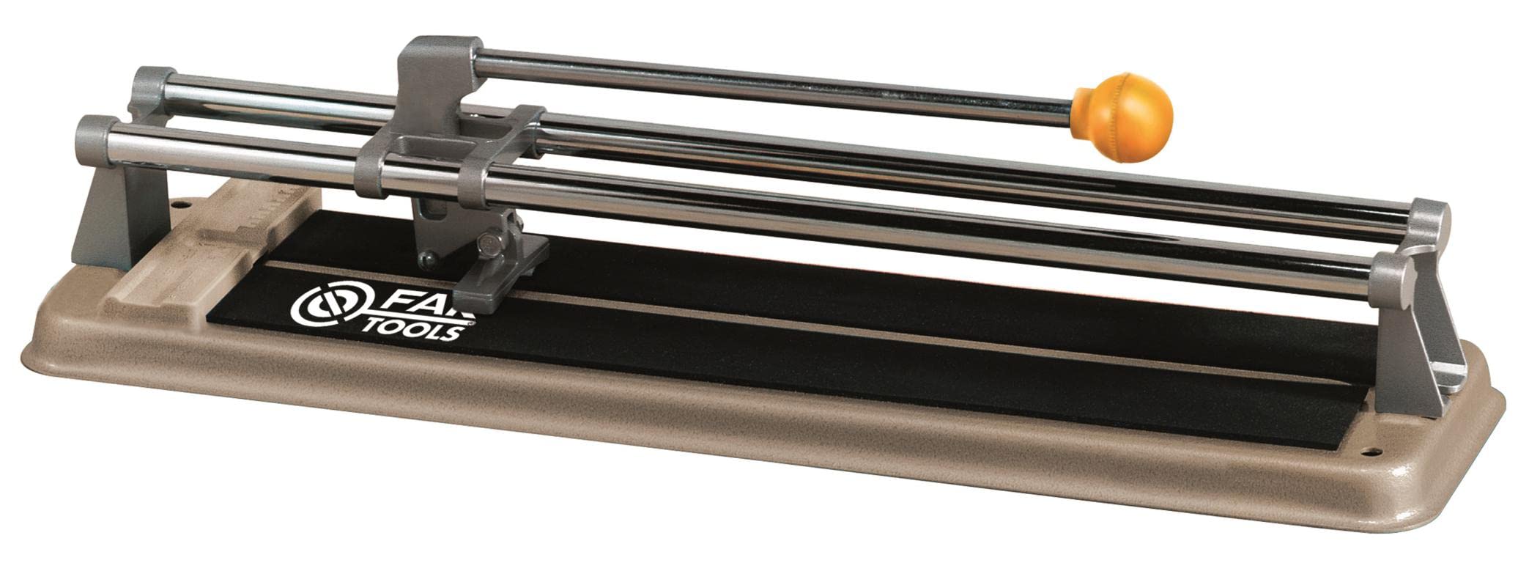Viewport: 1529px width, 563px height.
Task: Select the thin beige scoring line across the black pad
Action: point(806,330)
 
